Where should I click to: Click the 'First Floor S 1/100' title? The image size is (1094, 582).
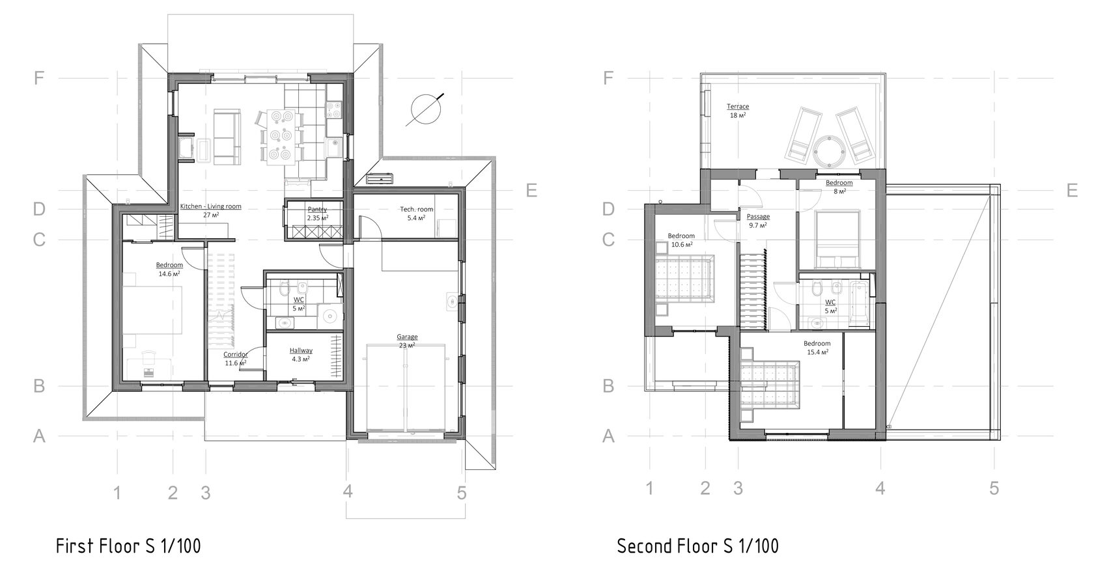(128, 546)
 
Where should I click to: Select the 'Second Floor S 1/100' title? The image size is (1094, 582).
(698, 546)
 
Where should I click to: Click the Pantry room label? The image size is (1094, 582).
(318, 214)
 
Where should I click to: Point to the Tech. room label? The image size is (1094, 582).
(417, 214)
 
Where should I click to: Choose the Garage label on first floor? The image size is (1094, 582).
(407, 341)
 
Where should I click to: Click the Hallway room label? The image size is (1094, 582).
(301, 354)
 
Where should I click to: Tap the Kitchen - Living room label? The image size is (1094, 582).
(210, 210)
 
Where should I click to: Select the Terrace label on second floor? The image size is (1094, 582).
(737, 111)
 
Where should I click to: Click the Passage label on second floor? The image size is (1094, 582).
(758, 221)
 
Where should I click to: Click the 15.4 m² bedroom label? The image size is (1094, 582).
(817, 347)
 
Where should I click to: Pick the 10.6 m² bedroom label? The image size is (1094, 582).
(681, 240)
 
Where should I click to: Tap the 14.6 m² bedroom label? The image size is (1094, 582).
(169, 270)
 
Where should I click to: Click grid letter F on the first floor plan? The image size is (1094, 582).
(39, 78)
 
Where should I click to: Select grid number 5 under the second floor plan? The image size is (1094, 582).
(994, 488)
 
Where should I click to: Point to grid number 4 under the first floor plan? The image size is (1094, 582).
(347, 491)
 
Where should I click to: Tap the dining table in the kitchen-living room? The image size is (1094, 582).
(280, 135)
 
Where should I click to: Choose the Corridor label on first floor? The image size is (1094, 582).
(236, 359)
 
